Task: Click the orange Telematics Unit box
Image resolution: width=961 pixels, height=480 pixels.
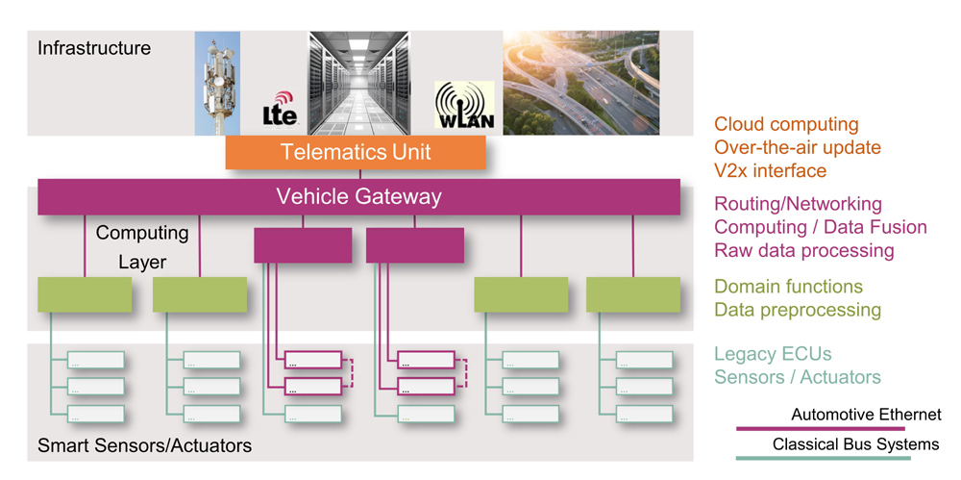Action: coord(356,152)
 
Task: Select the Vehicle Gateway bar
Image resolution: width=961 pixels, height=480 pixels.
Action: coord(359,197)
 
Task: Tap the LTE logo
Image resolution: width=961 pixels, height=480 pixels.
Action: coord(280,109)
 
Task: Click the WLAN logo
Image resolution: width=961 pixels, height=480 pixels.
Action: coord(464,105)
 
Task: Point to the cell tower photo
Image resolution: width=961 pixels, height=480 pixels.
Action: coord(217,84)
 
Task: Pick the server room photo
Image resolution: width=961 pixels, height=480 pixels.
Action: coord(358,84)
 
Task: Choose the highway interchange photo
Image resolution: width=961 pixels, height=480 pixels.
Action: coord(581,83)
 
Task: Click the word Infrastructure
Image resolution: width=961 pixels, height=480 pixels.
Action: coord(94,48)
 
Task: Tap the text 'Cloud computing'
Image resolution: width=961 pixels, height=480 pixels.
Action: coord(786,125)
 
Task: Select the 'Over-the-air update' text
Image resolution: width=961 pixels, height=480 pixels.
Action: coord(798,147)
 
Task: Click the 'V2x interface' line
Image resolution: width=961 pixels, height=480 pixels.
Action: coord(771,170)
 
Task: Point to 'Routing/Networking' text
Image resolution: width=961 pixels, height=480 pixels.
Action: coord(798,204)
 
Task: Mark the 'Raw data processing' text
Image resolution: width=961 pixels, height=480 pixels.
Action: coord(804,250)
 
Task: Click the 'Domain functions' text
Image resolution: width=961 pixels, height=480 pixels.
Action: coord(789,287)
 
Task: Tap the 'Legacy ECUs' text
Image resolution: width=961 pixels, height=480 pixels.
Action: coord(773,354)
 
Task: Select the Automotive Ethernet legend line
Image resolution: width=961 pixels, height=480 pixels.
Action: coord(820,428)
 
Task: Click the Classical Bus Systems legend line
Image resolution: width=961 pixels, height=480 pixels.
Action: coord(824,458)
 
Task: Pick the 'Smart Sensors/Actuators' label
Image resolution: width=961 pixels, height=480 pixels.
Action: coord(145,445)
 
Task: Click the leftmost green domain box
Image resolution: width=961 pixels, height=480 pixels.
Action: coord(85,294)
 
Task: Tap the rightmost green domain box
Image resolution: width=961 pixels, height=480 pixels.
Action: coord(633,294)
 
